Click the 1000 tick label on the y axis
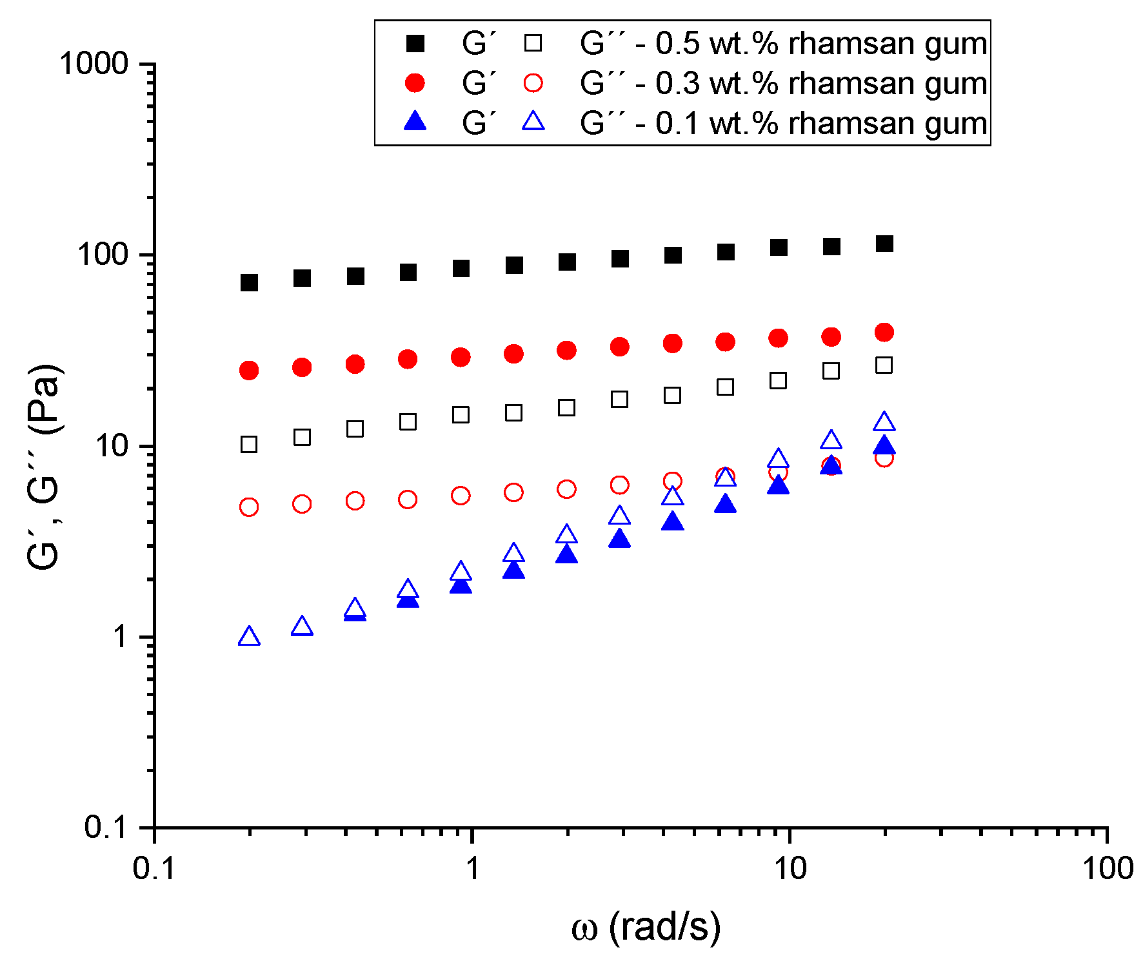(x=94, y=64)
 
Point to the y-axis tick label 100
(x=103, y=255)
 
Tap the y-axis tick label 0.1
(x=106, y=828)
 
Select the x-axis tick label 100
(x=1108, y=869)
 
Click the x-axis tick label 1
(x=473, y=869)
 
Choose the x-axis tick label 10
(x=790, y=869)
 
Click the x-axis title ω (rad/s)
(x=646, y=928)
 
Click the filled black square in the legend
(x=415, y=44)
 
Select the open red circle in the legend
(x=533, y=83)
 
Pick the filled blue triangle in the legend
(x=415, y=121)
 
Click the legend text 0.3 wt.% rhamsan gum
(x=821, y=83)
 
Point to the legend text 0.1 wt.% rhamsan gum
(x=821, y=123)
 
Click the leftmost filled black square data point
(x=249, y=282)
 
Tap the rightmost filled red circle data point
(x=884, y=333)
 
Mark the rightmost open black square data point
(x=884, y=365)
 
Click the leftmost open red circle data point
(x=249, y=507)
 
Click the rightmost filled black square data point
(x=884, y=244)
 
